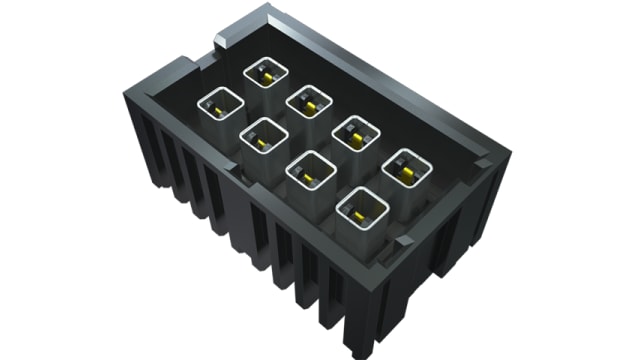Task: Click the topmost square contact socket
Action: (266, 73)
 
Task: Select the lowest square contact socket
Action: (362, 209)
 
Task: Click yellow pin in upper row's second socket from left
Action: (309, 104)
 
